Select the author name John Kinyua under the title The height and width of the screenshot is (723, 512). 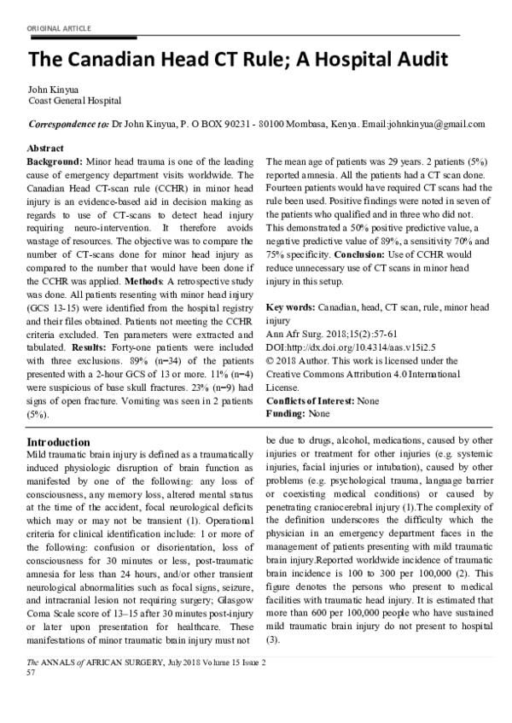(53, 89)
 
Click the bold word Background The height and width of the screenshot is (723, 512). (54, 161)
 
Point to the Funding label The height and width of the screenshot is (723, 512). (287, 413)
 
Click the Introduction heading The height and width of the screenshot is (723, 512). (59, 442)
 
